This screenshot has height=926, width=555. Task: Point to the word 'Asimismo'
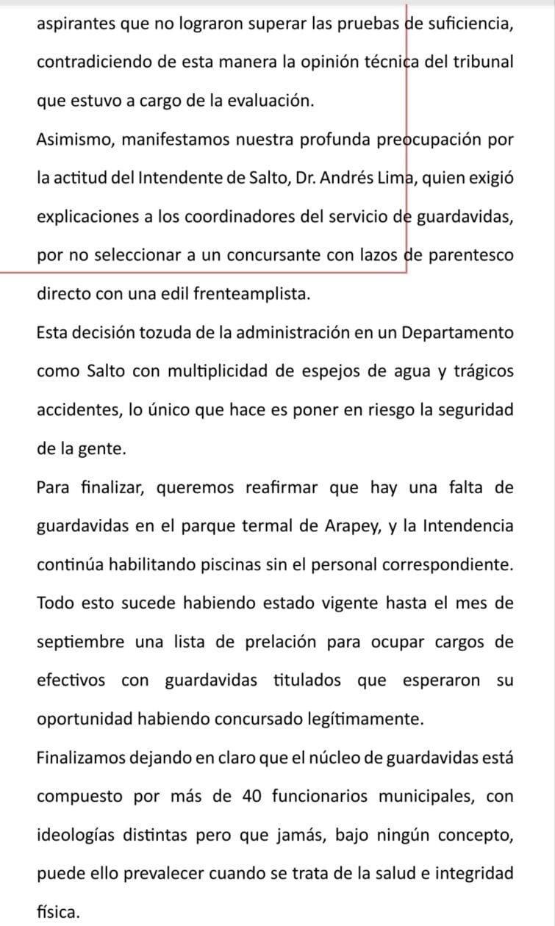(x=72, y=140)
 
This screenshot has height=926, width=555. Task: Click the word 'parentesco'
(x=472, y=255)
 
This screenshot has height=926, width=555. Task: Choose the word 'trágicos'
(x=480, y=371)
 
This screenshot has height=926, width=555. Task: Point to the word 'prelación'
(x=276, y=642)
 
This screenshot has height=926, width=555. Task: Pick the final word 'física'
(x=58, y=912)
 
